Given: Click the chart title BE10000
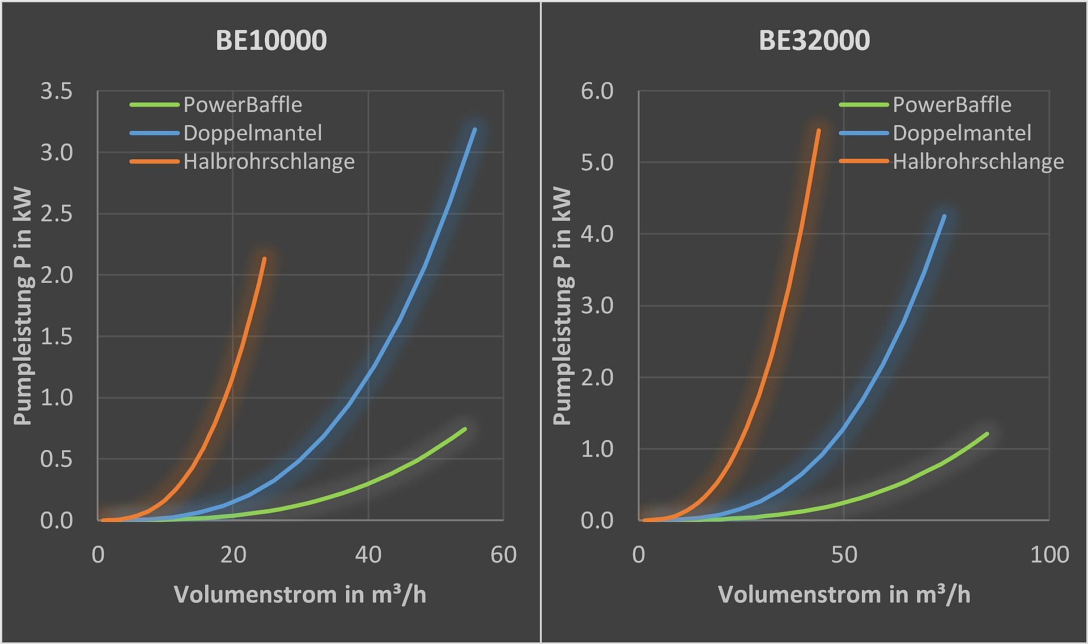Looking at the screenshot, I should (x=271, y=41).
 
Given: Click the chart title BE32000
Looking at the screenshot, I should (x=814, y=41).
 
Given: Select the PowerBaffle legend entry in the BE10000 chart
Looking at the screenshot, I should (x=243, y=105).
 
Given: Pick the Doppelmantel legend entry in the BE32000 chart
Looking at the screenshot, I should (x=962, y=133).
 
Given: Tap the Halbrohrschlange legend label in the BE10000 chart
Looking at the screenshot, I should (x=269, y=162).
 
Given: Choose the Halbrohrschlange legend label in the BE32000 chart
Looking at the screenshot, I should (x=978, y=162).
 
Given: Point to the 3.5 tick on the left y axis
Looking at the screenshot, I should (x=57, y=91).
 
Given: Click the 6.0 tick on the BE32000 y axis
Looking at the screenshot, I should (x=597, y=91).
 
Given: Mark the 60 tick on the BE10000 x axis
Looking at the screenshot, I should (x=503, y=555).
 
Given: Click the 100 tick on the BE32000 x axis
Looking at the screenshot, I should (x=1049, y=555).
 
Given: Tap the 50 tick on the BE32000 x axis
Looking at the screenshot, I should (x=844, y=555).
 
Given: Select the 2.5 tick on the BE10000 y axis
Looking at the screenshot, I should (x=57, y=214).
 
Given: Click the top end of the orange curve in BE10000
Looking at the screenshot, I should (x=264, y=259).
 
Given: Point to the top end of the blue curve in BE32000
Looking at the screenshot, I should (x=944, y=216).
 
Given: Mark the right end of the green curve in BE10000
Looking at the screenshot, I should (x=465, y=429).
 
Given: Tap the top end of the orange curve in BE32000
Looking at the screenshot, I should (x=818, y=130).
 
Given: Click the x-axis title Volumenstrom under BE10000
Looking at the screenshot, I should (x=300, y=595).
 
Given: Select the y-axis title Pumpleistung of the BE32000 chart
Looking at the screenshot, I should (x=562, y=306).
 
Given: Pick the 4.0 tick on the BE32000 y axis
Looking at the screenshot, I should (x=597, y=234).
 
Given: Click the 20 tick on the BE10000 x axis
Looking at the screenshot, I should (x=233, y=555).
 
